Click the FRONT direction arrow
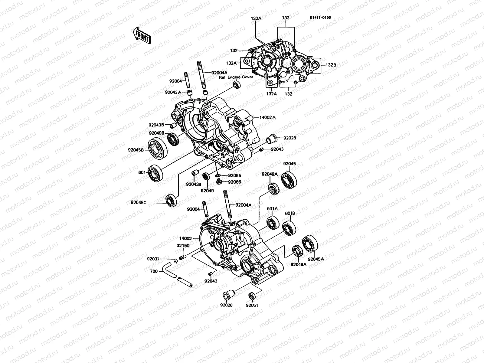141,36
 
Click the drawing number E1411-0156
320,18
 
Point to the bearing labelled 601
155,173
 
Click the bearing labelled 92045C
171,200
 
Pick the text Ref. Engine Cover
236,77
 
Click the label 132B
331,65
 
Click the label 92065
234,175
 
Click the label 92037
154,259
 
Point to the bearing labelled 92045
289,179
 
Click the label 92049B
156,133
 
